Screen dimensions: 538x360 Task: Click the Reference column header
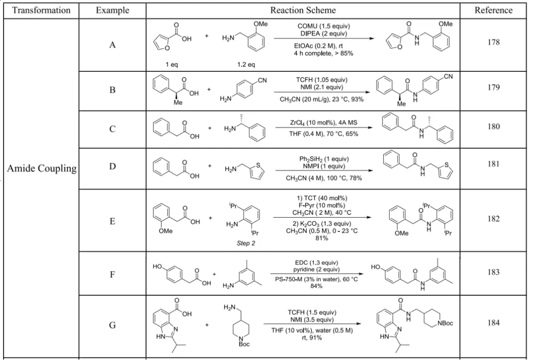[493, 10]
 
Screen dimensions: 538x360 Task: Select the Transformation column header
[41, 10]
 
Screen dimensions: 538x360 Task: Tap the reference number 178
[493, 42]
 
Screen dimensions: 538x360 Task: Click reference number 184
[493, 323]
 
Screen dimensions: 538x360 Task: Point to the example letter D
[112, 167]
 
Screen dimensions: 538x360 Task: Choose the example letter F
[112, 275]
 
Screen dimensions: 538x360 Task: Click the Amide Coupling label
[42, 168]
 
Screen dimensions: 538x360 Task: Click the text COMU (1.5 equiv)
[324, 26]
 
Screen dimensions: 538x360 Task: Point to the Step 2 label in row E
[246, 243]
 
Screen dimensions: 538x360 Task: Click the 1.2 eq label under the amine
[246, 64]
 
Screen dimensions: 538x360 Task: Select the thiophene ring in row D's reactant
[257, 171]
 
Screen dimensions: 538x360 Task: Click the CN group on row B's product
[448, 77]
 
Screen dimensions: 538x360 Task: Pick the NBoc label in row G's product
[445, 323]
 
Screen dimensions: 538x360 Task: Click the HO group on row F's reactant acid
[157, 266]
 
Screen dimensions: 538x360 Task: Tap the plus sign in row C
[210, 128]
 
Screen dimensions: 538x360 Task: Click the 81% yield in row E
[321, 238]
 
